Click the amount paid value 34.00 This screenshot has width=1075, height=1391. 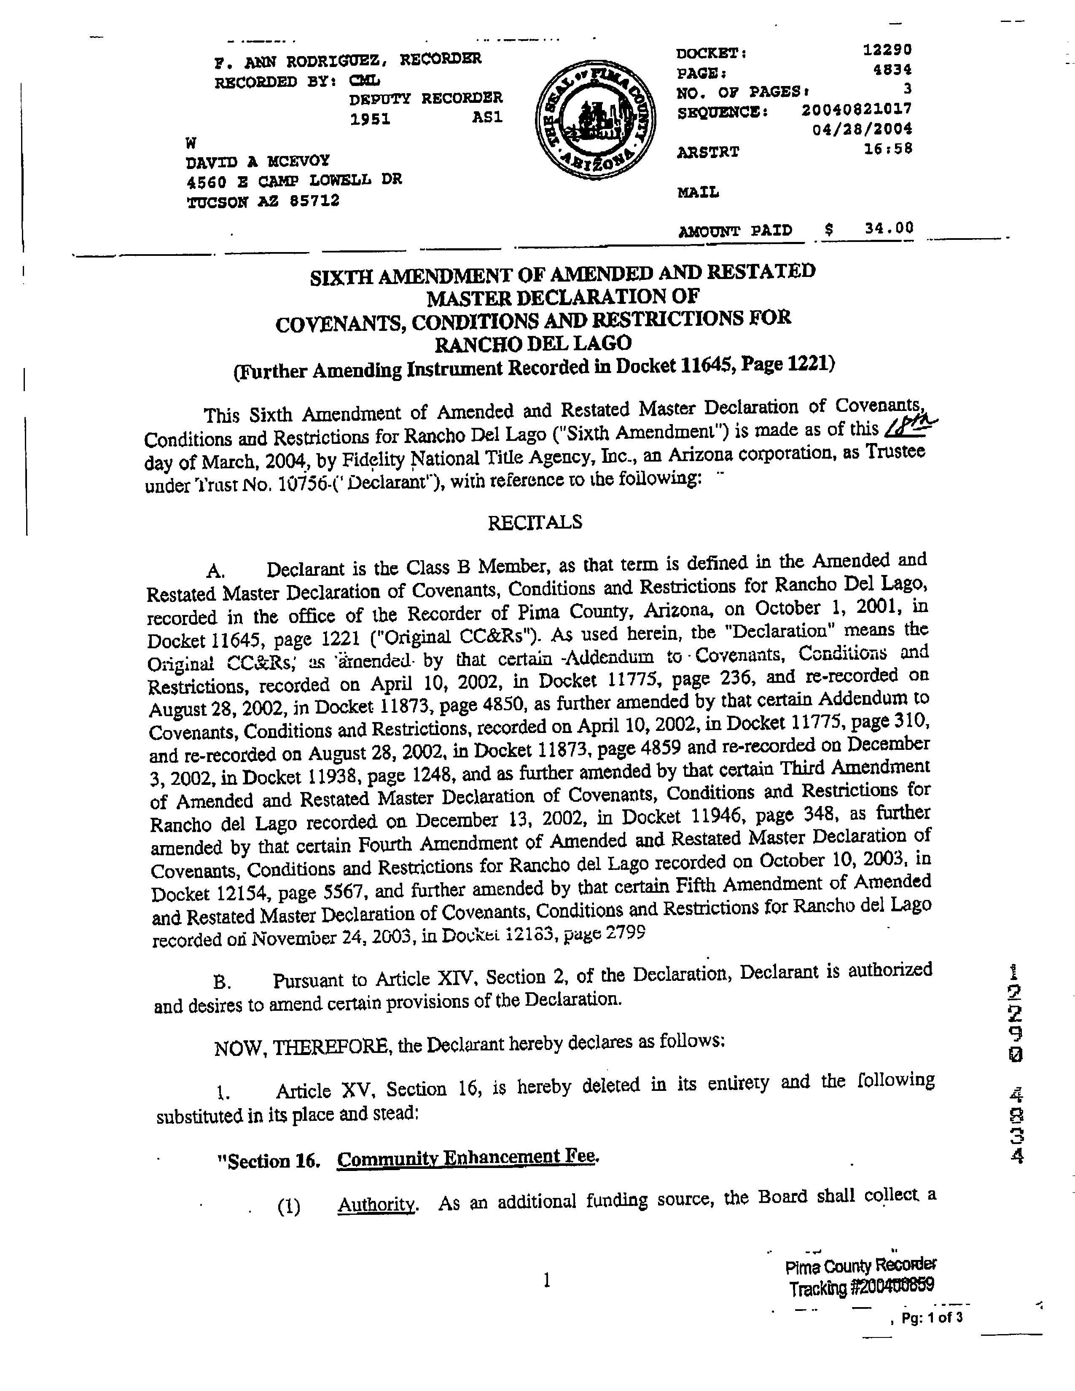click(889, 227)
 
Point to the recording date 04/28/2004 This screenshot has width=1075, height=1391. click(862, 129)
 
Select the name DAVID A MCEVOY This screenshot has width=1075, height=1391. click(258, 161)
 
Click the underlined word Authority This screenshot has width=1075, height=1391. click(377, 1204)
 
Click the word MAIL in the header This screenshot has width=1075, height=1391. click(698, 192)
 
